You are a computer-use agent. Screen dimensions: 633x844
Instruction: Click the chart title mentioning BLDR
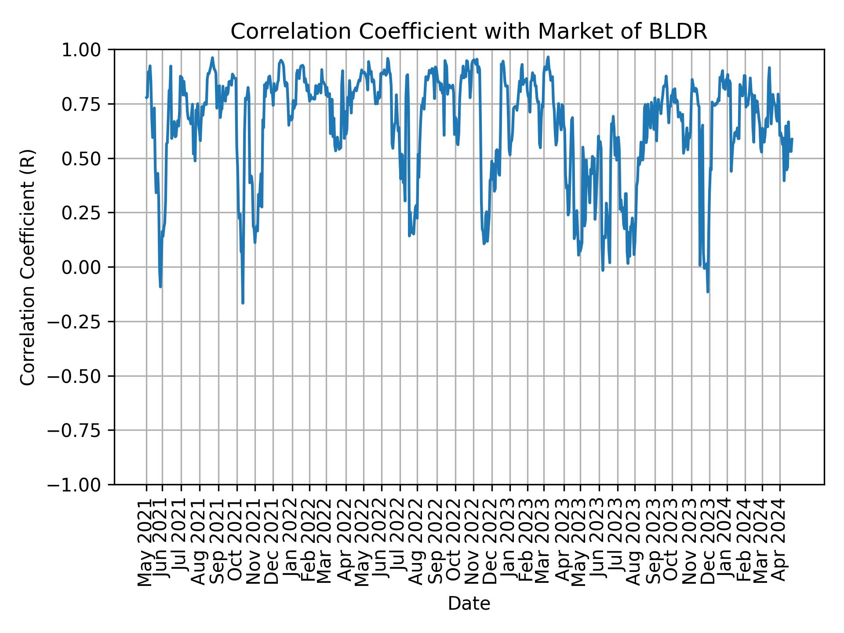coord(469,32)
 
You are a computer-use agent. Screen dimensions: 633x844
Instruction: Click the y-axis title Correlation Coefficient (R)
coord(28,267)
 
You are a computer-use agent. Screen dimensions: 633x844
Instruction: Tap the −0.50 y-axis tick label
coord(80,376)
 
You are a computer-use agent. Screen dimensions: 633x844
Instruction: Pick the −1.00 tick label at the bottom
coord(80,485)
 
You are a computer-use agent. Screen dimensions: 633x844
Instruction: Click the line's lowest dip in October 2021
coord(243,303)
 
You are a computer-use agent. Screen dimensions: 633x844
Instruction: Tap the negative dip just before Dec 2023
coord(708,291)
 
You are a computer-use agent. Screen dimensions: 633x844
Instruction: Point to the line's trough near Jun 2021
coord(160,287)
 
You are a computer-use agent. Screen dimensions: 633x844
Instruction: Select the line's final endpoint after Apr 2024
coord(792,139)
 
